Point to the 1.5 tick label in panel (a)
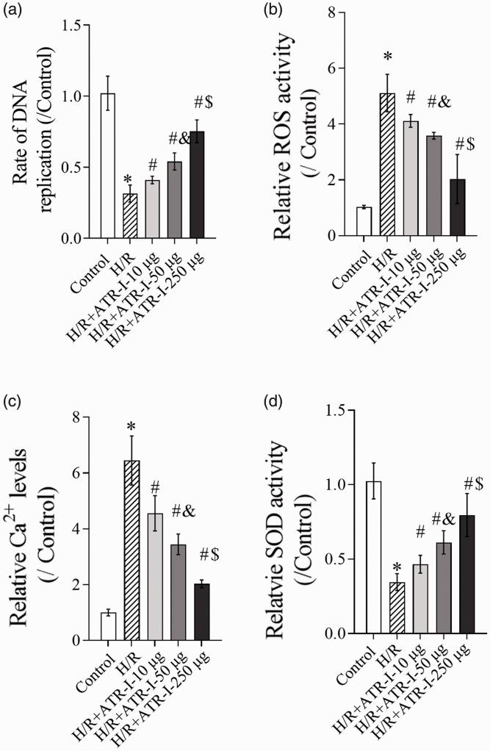pyautogui.click(x=71, y=26)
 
